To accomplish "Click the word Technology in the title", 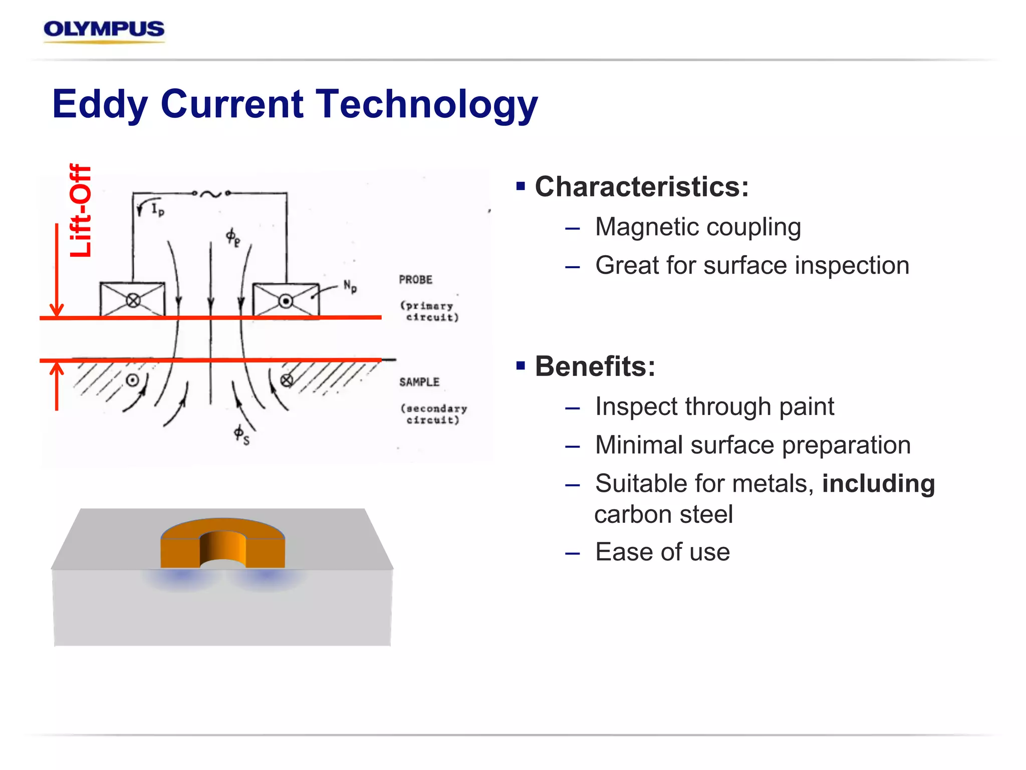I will click(x=427, y=104).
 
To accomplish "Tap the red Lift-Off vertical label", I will click(x=81, y=211).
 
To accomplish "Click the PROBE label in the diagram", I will click(x=415, y=280).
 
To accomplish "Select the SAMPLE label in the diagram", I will click(x=419, y=382).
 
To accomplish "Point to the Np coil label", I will click(x=350, y=287).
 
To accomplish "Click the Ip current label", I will click(x=157, y=209).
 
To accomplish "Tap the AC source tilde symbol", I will click(x=211, y=194).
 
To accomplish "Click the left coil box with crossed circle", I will click(x=132, y=300).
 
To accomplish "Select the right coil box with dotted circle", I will click(x=286, y=300).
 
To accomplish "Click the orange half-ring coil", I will click(x=222, y=544).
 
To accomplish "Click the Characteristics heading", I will click(x=641, y=187).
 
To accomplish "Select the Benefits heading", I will click(x=595, y=366).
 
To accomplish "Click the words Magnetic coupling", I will click(x=698, y=227).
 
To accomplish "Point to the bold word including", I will click(x=878, y=484).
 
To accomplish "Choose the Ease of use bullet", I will click(x=662, y=552).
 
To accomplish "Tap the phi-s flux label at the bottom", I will click(x=241, y=435).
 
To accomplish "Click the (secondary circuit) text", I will click(x=434, y=415).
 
